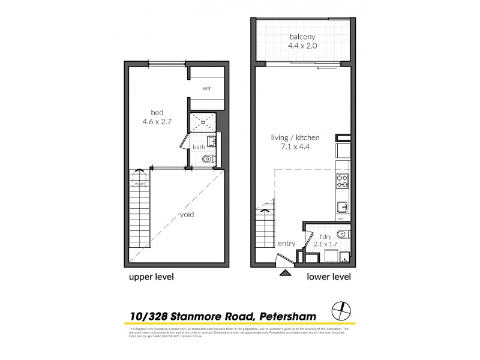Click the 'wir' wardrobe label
[x=206, y=88]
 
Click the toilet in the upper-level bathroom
[x=208, y=160]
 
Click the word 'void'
[x=187, y=214]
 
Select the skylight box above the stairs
[x=139, y=180]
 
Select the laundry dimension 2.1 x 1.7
[x=325, y=244]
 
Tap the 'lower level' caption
[x=328, y=277]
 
